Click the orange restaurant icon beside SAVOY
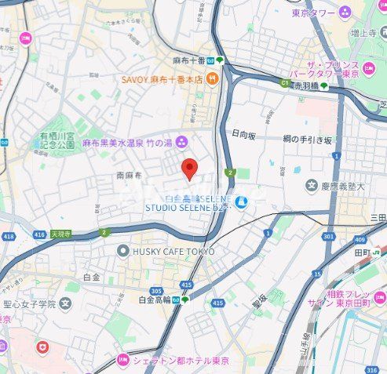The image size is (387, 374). [x=213, y=78]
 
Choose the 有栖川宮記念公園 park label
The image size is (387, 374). [x=57, y=140]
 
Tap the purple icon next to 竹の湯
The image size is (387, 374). [x=182, y=141]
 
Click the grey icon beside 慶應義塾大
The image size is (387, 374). [x=312, y=186]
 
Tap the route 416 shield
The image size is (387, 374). [x=39, y=234]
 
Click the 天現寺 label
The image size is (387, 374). [x=60, y=234]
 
